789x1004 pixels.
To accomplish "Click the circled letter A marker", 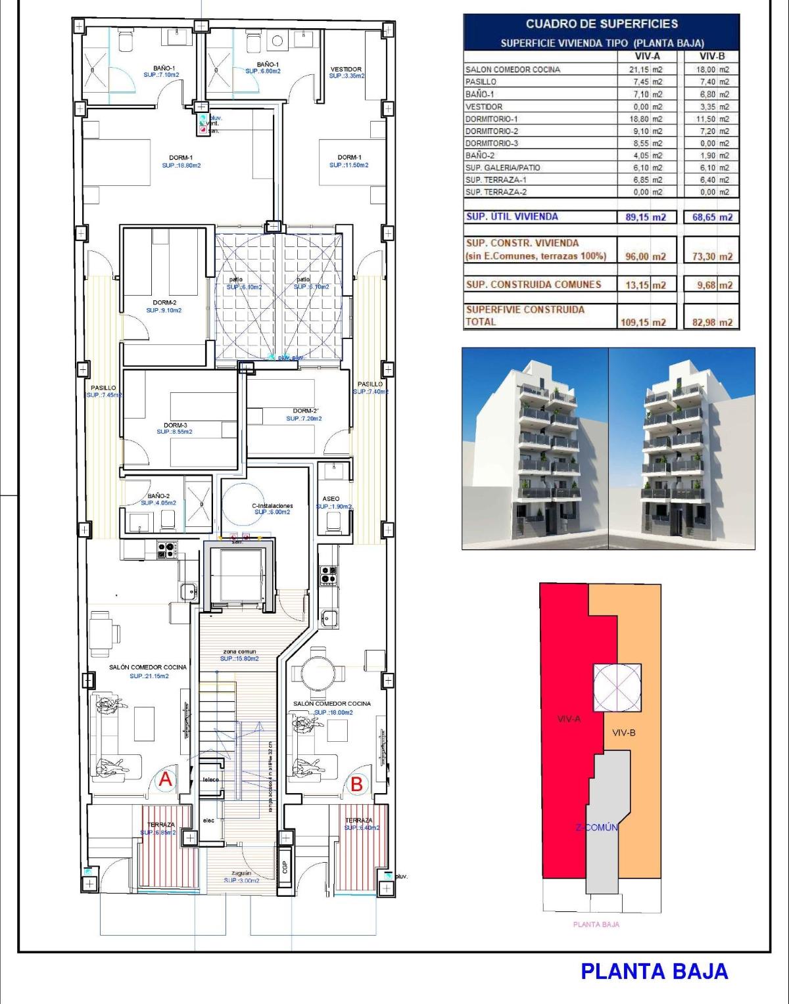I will click(166, 780).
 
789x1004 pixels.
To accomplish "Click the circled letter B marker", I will click(356, 784).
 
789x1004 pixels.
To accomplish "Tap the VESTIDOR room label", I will click(346, 69).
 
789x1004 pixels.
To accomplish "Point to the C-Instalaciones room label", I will click(272, 506).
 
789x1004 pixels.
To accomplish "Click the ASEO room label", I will click(331, 499).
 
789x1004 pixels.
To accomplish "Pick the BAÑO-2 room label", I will click(158, 496).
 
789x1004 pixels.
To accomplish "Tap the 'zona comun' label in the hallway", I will click(239, 651).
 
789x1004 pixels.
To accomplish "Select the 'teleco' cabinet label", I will click(210, 779).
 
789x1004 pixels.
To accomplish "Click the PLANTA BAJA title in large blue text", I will click(654, 971).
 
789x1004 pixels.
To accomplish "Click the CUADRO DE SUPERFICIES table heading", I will click(601, 24).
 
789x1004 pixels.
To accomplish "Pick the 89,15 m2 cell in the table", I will click(647, 217).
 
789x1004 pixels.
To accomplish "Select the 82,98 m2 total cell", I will click(712, 322).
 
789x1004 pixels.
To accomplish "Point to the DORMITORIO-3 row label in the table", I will click(492, 143).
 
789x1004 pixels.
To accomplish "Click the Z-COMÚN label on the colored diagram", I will click(597, 827).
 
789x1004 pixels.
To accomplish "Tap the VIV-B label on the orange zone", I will click(623, 733).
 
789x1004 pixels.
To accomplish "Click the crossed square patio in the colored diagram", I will click(617, 687).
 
